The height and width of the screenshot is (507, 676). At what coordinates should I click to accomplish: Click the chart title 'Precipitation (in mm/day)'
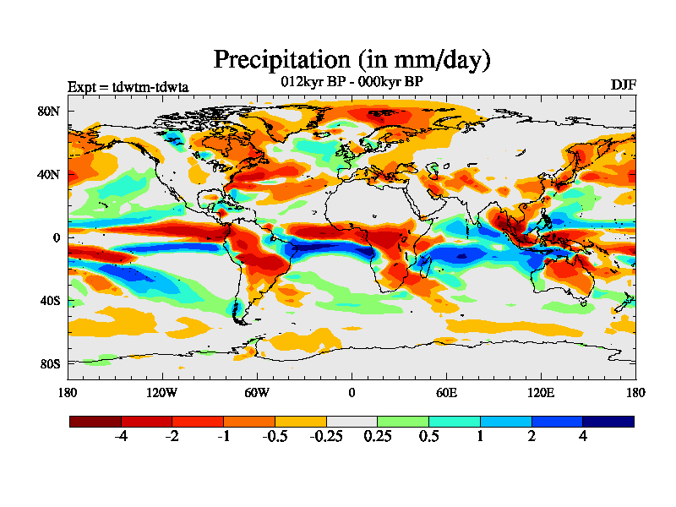(x=352, y=60)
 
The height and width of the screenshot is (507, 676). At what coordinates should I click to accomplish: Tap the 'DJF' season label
(x=623, y=85)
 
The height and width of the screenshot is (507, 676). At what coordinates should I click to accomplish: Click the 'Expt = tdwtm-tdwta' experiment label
(x=128, y=87)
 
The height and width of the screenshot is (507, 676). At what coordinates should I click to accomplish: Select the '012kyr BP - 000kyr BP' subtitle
(x=352, y=81)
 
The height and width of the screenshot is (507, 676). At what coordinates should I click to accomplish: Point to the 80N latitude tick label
(x=49, y=111)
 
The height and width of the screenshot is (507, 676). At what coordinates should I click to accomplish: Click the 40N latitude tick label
(x=49, y=174)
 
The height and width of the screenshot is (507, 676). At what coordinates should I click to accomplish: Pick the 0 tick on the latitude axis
(x=56, y=237)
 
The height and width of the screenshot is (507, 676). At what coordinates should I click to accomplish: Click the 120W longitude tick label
(x=162, y=392)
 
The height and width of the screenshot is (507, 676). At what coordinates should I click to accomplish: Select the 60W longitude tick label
(x=257, y=392)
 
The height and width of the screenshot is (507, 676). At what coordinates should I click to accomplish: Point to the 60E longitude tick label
(x=446, y=392)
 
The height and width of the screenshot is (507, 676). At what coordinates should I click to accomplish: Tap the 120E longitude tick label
(x=541, y=392)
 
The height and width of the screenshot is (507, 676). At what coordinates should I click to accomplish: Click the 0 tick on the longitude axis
(x=352, y=392)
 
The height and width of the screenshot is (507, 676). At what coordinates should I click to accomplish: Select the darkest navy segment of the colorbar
(x=608, y=421)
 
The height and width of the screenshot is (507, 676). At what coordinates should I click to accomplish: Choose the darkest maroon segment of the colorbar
(x=95, y=421)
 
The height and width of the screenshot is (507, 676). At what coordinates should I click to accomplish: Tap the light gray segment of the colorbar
(x=352, y=421)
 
